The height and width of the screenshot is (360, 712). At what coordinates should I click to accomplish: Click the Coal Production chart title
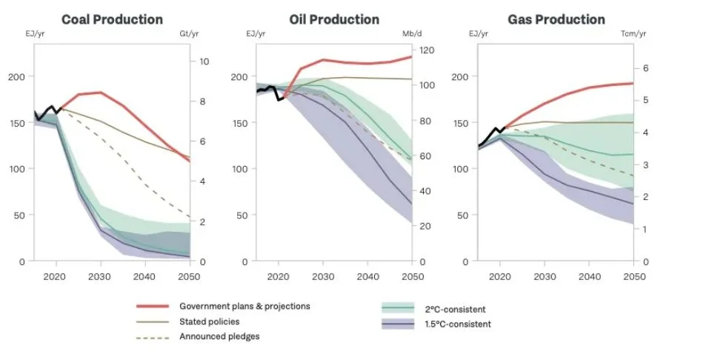pos(112,20)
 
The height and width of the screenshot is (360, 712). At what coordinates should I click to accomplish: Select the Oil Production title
pos(334,20)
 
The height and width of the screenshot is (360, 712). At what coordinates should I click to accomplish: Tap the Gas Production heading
pos(556,20)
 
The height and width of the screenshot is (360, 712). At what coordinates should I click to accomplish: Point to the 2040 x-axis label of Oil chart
pos(367,276)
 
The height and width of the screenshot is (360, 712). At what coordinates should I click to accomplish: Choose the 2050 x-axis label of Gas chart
pos(633,276)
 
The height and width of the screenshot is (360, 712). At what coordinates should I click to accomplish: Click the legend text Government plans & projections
pos(244,306)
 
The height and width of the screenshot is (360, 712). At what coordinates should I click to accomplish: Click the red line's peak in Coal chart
pos(99,93)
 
